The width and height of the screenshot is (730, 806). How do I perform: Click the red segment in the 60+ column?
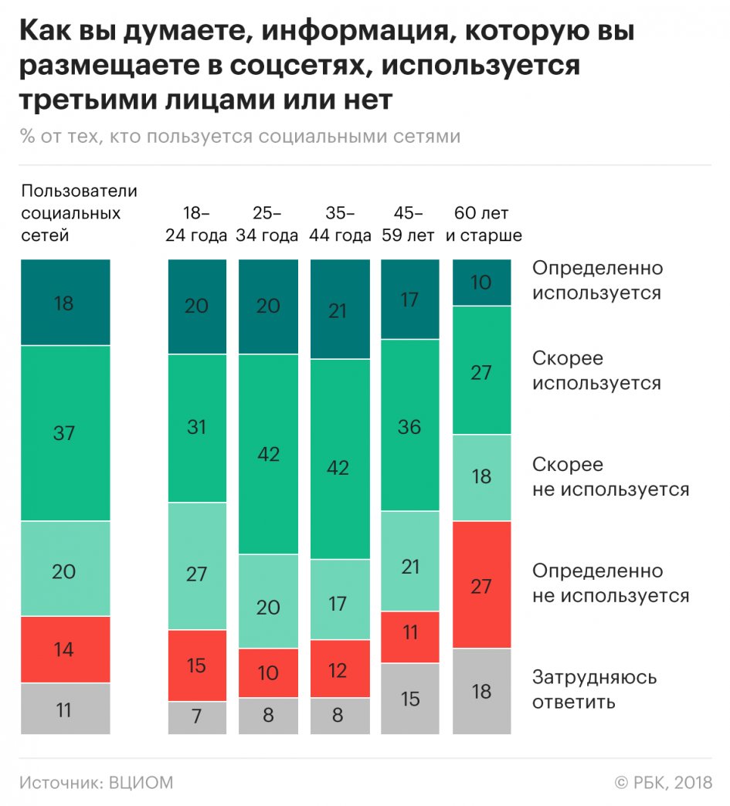click(x=481, y=584)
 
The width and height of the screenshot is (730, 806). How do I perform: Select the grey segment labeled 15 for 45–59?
click(x=409, y=698)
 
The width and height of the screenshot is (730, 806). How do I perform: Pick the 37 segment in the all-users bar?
click(x=65, y=433)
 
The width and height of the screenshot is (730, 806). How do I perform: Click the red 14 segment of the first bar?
click(x=65, y=649)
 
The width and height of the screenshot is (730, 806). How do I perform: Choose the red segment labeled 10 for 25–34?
click(x=268, y=672)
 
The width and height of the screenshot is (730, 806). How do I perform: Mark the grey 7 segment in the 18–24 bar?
click(x=197, y=717)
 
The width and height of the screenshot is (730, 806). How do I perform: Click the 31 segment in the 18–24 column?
click(x=197, y=427)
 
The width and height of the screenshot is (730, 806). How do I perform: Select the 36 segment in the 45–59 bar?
click(x=409, y=425)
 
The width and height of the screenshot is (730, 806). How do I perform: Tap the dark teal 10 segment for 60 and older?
click(x=481, y=283)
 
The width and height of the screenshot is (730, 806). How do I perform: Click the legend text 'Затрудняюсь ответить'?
click(x=594, y=689)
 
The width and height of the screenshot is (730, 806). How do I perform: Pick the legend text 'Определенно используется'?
click(x=597, y=280)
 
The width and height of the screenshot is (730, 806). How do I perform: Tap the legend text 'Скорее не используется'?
click(x=610, y=477)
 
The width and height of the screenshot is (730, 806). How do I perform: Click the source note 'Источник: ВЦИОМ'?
click(x=97, y=783)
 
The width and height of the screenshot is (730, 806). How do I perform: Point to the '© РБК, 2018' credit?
click(x=663, y=783)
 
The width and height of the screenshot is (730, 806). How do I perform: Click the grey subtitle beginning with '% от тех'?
click(x=240, y=137)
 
